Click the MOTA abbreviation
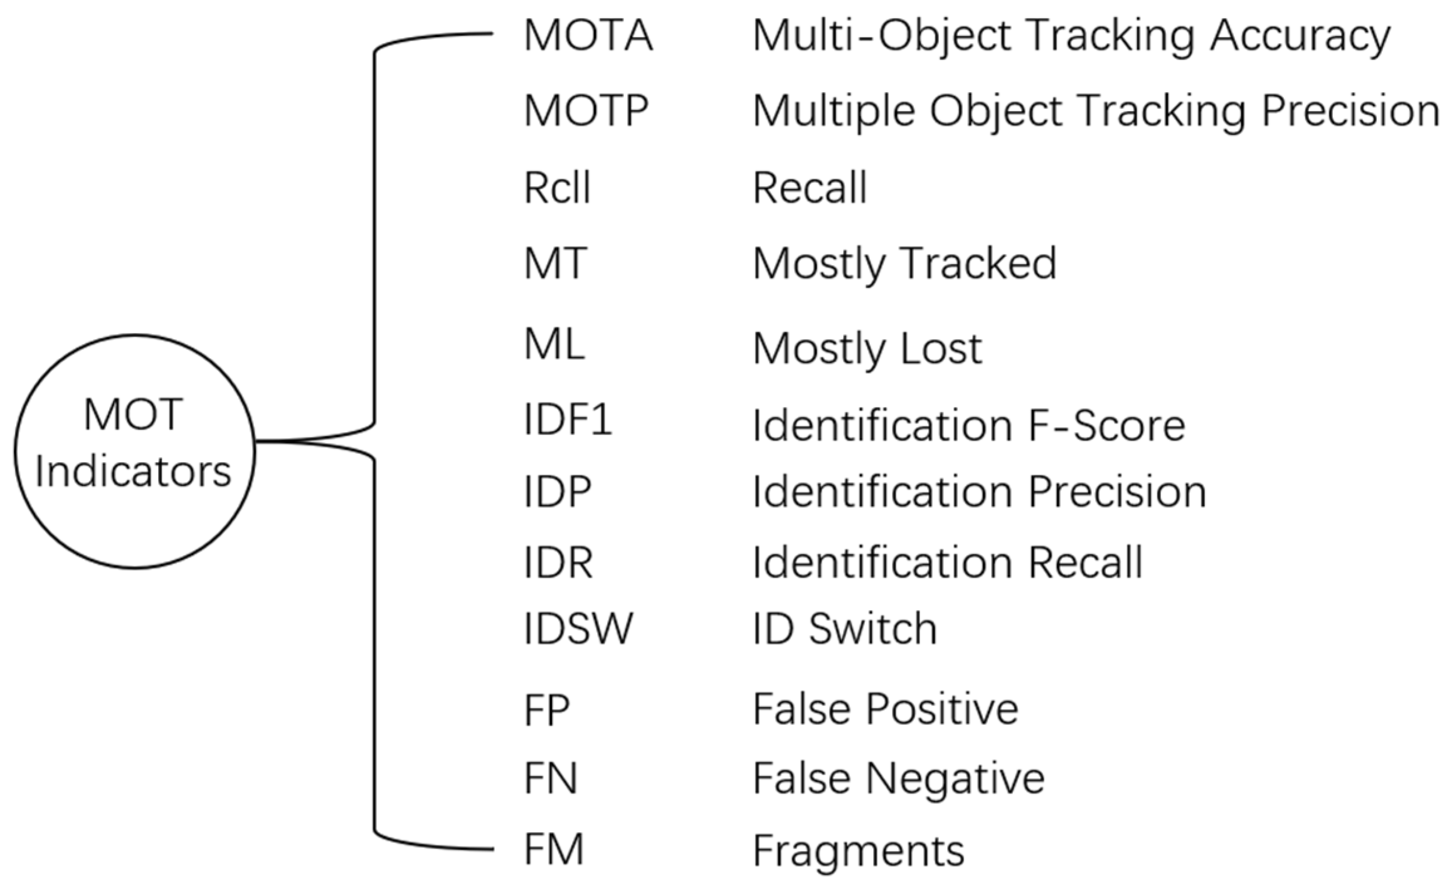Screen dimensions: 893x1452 point(588,35)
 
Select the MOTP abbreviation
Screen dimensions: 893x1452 point(586,111)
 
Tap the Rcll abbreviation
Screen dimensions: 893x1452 point(557,188)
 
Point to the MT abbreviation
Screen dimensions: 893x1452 point(555,263)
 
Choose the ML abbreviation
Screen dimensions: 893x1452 point(554,345)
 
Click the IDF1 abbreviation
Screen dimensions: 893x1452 point(567,421)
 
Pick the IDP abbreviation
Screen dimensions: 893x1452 point(557,491)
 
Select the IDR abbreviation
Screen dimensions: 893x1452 point(558,562)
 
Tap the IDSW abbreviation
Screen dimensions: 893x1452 point(578,628)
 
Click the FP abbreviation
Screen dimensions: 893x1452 point(546,710)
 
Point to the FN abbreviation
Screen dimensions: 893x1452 point(550,779)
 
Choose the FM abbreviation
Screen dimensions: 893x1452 point(553,849)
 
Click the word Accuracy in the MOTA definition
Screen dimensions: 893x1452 point(1300,36)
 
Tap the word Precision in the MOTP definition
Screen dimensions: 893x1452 point(1350,112)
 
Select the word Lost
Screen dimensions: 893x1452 point(941,349)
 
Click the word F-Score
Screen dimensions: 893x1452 point(1106,426)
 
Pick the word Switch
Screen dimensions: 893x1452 point(872,628)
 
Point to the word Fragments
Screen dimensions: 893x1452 point(858,852)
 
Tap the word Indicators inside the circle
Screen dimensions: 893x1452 point(133,472)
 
